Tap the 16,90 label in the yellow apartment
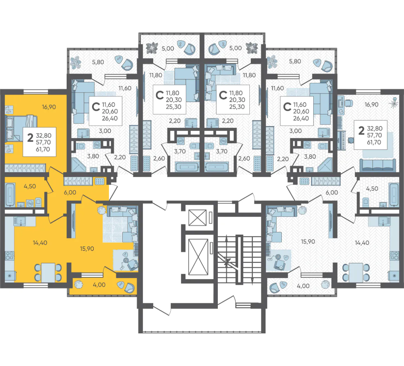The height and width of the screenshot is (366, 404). pos(49,107)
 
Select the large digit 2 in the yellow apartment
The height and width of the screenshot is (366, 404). pos(31,138)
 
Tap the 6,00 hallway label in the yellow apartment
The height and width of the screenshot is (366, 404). pos(70,192)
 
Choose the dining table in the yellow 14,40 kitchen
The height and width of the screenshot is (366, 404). pos(48,272)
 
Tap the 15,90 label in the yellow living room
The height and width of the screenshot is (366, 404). pos(87,248)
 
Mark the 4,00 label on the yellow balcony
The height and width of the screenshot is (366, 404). pos(99,285)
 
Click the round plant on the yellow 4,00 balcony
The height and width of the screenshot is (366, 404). pos(79,284)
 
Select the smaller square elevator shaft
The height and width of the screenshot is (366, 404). pos(198,217)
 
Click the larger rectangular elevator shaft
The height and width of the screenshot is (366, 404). pos(198,257)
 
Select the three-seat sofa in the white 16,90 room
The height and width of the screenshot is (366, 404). pos(378,165)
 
